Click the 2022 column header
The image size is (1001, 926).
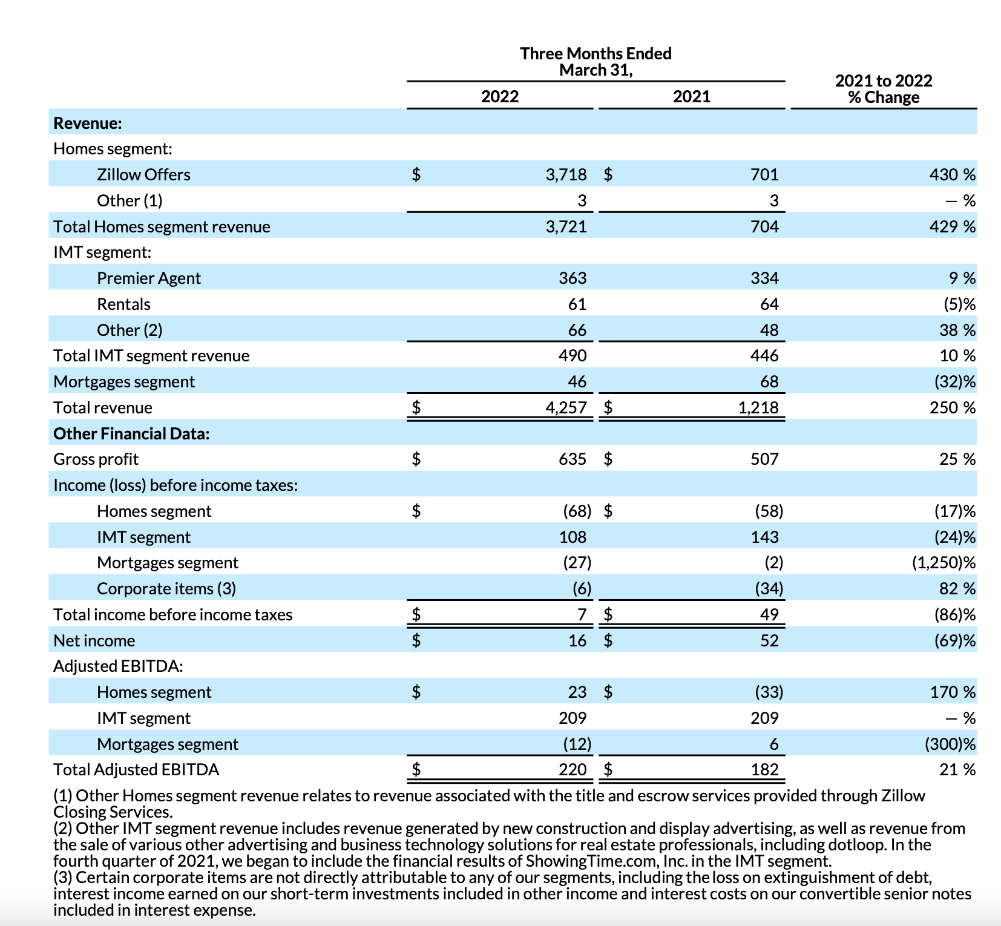coord(499,97)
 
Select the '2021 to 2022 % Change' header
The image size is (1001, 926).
coord(883,89)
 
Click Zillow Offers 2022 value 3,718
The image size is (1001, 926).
coord(566,175)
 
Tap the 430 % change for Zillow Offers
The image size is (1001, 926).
coord(952,175)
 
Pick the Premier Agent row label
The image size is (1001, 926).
coord(148,278)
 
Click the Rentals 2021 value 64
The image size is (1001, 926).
coord(769,304)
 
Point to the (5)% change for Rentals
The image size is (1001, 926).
coord(959,304)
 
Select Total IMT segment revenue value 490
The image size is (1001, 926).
coord(572,356)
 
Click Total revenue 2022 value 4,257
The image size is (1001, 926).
coord(566,408)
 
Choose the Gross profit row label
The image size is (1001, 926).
coord(96,459)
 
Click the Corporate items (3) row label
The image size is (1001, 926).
coord(166,589)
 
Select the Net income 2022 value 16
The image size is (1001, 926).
coord(577,641)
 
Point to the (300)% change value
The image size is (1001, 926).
coord(950,744)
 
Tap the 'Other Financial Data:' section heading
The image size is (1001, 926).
coord(131,434)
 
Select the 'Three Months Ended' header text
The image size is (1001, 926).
coord(596,54)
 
